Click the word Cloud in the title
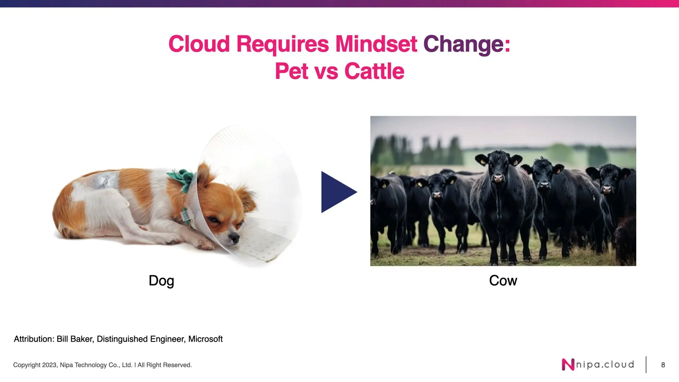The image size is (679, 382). [x=199, y=44]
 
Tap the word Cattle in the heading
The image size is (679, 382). [x=374, y=71]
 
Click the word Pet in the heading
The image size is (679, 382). [x=291, y=71]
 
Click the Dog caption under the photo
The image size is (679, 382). [x=161, y=281]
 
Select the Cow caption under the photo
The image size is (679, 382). [x=503, y=280]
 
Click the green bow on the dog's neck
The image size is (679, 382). [x=182, y=178]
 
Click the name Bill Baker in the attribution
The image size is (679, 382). [x=75, y=339]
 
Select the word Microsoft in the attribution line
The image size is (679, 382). [x=205, y=339]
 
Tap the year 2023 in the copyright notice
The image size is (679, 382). [x=50, y=365]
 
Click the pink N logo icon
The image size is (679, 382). [x=568, y=365]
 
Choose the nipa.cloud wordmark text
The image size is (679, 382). [x=605, y=365]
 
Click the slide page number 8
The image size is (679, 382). [x=663, y=365]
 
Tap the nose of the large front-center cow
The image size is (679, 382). [x=498, y=178]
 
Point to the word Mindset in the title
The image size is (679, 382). [x=376, y=44]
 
